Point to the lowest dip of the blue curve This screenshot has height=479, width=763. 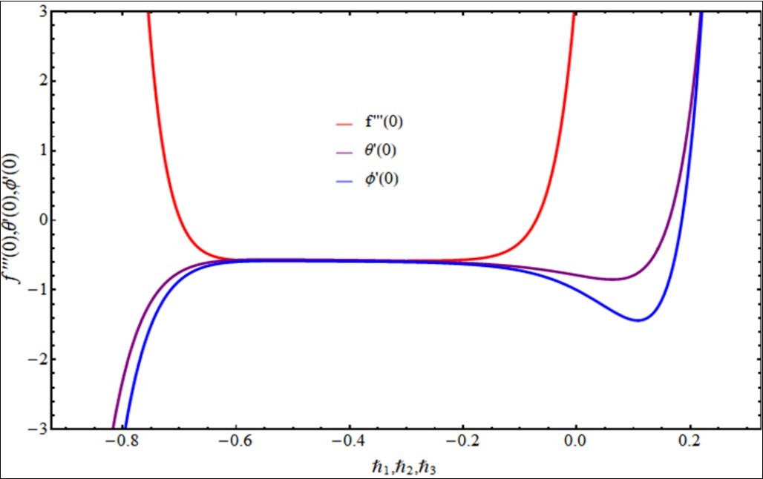(x=638, y=320)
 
